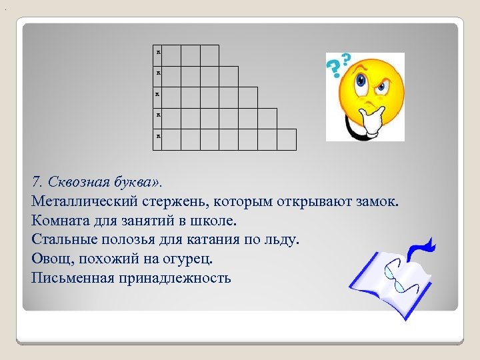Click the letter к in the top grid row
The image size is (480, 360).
[159, 51]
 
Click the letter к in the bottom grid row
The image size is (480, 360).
[159, 136]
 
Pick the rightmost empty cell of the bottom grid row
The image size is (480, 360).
[287, 139]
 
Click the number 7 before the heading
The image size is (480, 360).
[35, 181]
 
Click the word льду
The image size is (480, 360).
[286, 239]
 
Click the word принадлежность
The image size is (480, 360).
[175, 277]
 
